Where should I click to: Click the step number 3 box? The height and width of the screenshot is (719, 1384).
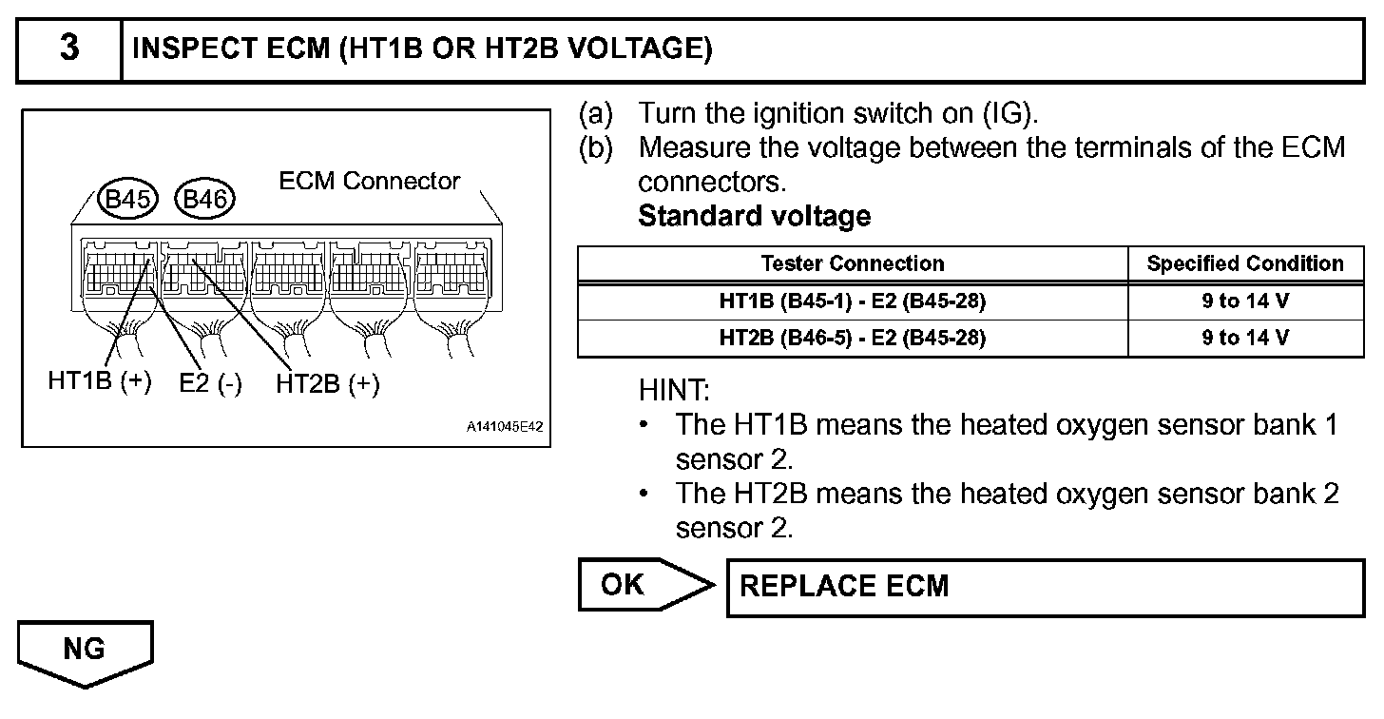coord(68,49)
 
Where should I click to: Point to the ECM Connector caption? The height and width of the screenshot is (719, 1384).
coord(369,181)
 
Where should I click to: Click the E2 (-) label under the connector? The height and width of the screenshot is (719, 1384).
coord(209,384)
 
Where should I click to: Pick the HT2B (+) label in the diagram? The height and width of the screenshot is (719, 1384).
coord(327,384)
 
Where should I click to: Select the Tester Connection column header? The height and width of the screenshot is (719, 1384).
coord(853,263)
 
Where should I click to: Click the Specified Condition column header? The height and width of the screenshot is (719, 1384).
coord(1245,263)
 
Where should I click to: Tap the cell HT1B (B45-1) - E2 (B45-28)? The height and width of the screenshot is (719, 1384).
coord(853,302)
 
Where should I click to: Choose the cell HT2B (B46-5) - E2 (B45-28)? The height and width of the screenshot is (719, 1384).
coord(853,338)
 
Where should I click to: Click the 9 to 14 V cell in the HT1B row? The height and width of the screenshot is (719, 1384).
coord(1245,302)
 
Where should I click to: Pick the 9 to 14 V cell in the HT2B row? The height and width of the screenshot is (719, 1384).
coord(1245,338)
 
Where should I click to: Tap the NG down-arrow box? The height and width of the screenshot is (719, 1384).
coord(85,652)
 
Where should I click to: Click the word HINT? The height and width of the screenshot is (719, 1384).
coord(674,389)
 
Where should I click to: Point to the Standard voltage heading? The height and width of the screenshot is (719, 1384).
coord(754,216)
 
